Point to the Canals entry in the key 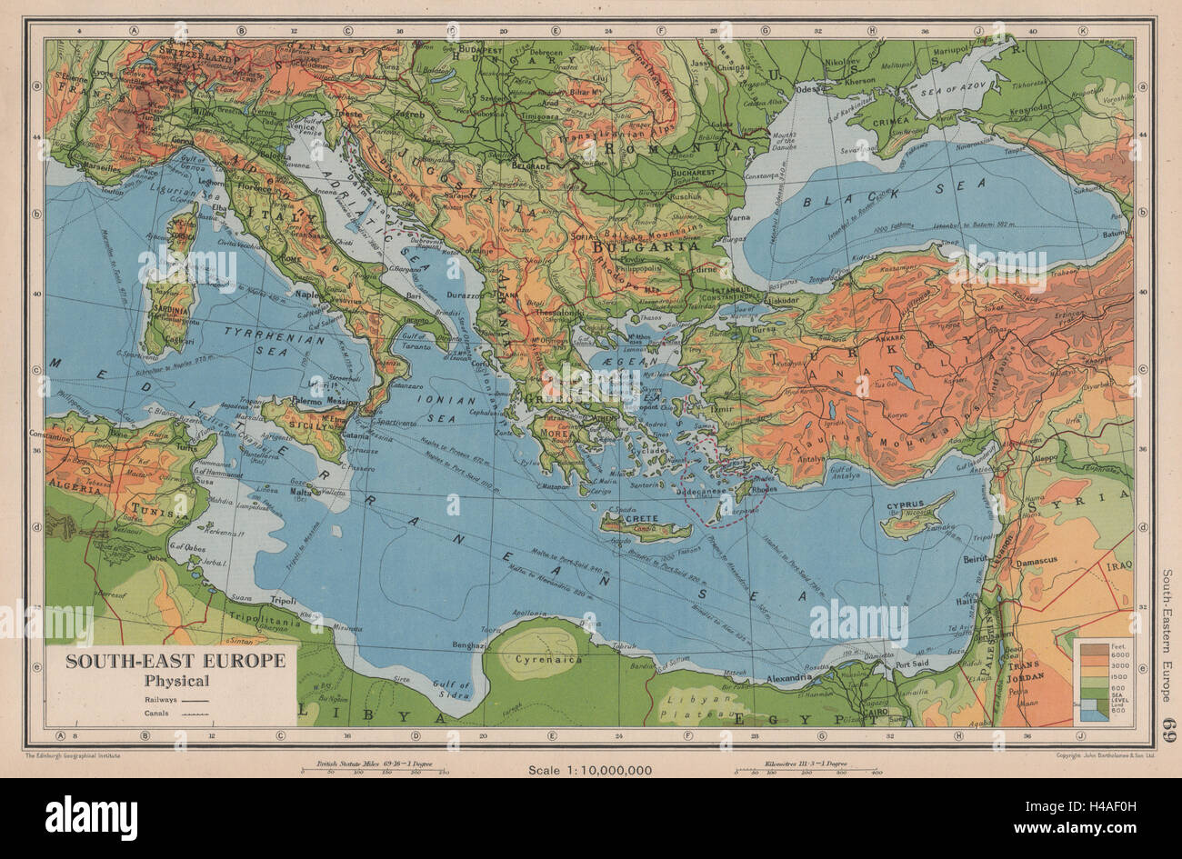pos(158,714)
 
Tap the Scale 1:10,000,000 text pos(590,770)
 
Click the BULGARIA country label pos(645,245)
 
